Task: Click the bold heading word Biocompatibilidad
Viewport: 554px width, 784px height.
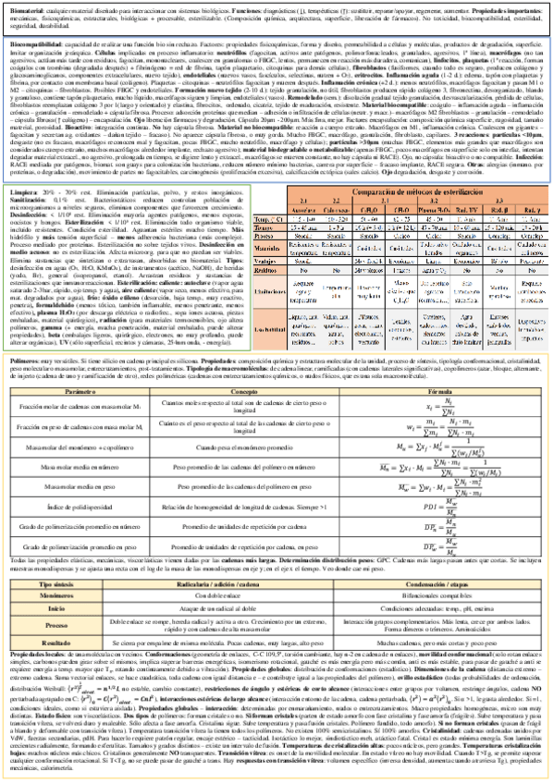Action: [x=29, y=43]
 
